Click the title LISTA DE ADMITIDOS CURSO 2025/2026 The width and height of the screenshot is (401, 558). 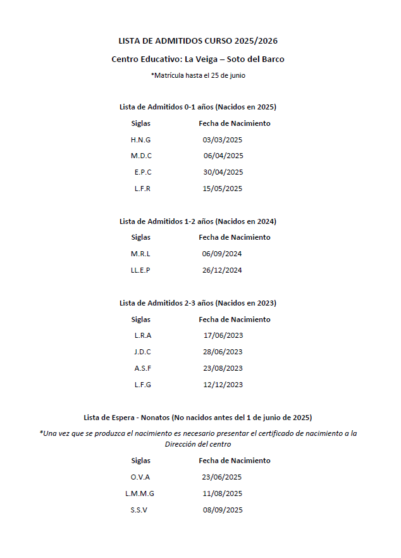click(x=198, y=41)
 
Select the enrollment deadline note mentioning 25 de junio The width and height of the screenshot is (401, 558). click(x=198, y=75)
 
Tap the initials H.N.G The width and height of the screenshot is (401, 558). click(x=140, y=140)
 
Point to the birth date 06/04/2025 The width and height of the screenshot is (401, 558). click(x=223, y=156)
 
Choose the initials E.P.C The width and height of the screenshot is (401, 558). click(x=143, y=173)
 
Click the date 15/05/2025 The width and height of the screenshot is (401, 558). click(x=222, y=189)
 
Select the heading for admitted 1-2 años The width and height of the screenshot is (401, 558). click(x=198, y=221)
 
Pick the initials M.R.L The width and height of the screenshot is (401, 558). click(x=140, y=254)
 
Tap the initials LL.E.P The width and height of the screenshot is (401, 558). click(x=140, y=271)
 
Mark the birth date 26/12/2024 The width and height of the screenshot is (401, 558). click(x=222, y=271)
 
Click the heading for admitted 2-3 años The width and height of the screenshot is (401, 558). click(x=198, y=303)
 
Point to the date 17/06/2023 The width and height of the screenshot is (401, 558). click(x=223, y=336)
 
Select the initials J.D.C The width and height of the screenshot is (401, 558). click(x=143, y=352)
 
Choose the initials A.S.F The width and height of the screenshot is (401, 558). click(x=143, y=369)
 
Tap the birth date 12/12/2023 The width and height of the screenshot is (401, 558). click(x=223, y=385)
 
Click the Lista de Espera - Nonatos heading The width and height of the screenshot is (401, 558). click(x=198, y=418)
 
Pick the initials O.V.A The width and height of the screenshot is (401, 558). click(x=140, y=478)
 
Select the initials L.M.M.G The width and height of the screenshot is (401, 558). click(x=140, y=494)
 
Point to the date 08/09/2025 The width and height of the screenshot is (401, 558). click(x=222, y=511)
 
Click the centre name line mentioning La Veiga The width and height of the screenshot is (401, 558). click(x=198, y=59)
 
